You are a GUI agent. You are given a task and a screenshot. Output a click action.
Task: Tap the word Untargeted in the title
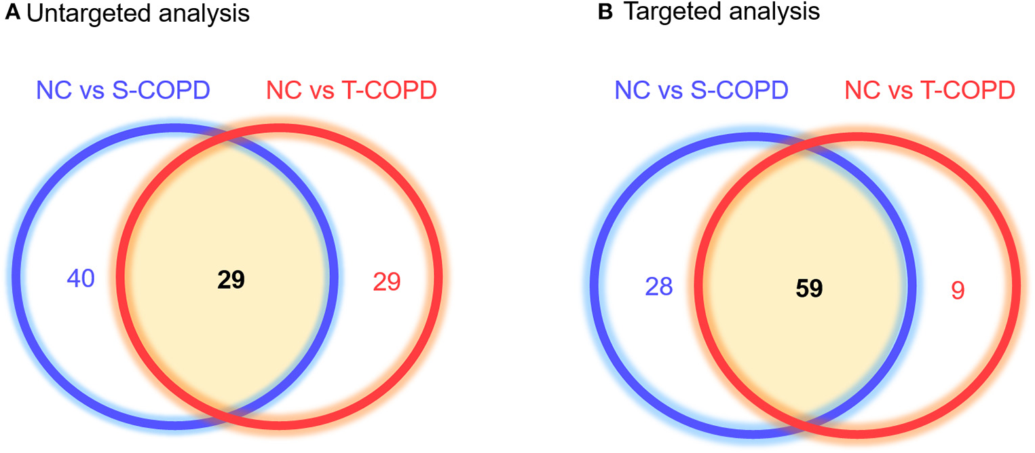pos(75,14)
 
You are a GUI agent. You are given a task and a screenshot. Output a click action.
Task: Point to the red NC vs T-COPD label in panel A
pos(351,90)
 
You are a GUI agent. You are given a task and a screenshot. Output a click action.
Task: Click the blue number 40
pos(81,278)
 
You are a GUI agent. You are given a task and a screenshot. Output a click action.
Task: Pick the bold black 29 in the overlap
pos(231,280)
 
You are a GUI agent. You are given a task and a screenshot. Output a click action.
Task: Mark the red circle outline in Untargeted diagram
pos(439,278)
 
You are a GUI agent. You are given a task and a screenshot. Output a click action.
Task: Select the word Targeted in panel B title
pos(668,14)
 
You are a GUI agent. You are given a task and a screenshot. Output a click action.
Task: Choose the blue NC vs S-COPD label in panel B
pos(702,90)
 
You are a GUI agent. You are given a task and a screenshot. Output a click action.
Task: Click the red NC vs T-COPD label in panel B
pos(929,90)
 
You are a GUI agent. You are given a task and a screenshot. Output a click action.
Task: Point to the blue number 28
pos(658,287)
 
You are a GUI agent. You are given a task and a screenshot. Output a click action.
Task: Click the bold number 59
pos(809,289)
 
